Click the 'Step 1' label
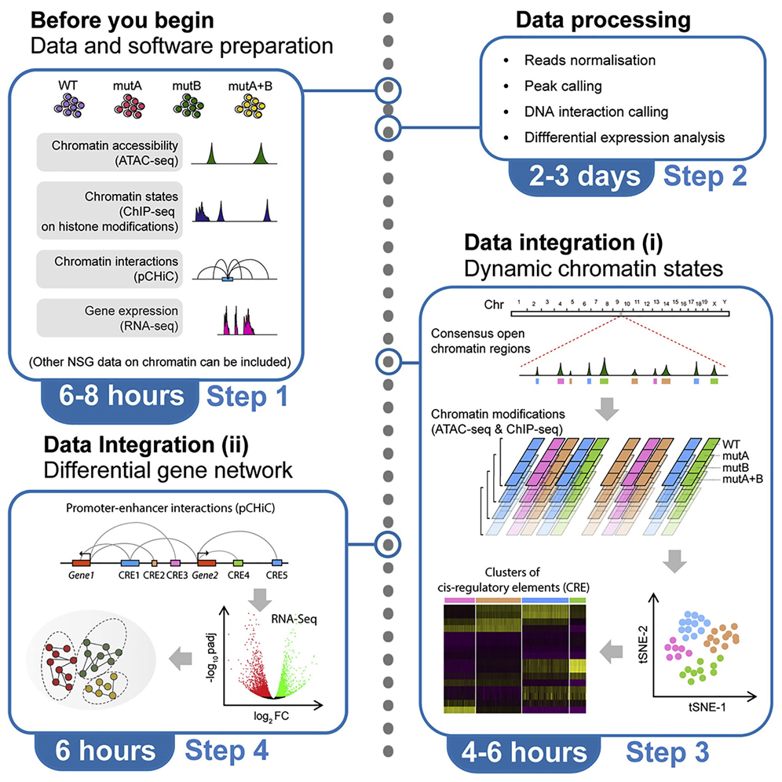[249, 396]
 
